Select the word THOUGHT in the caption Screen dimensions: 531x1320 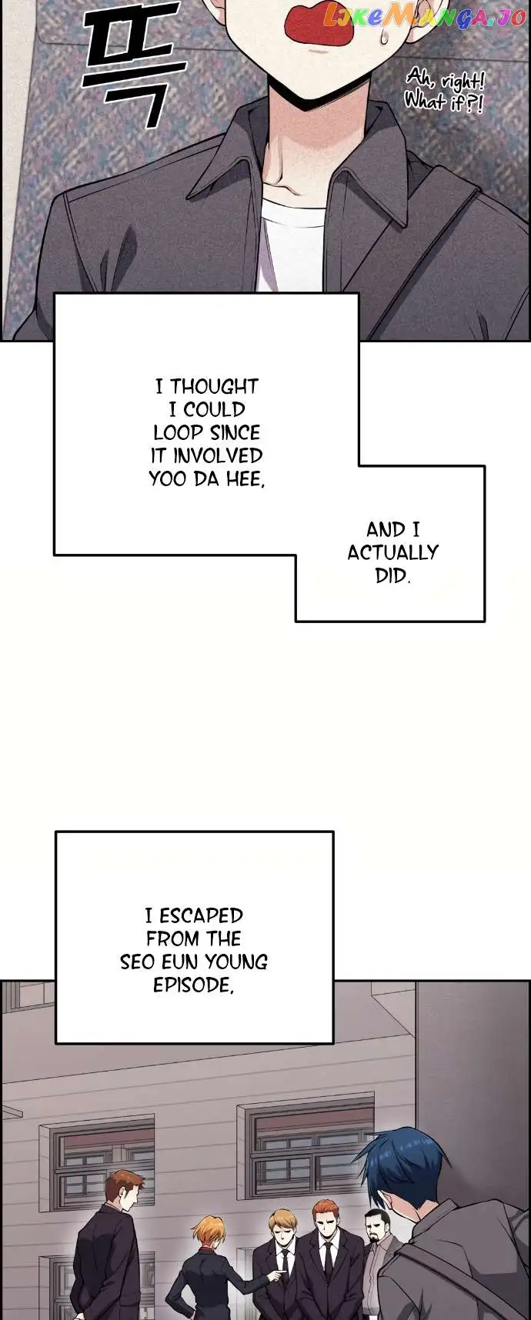pos(214,386)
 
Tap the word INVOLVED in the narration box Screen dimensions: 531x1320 pos(218,455)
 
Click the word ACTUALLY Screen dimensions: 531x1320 pos(392,552)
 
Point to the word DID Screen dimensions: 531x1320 pos(392,575)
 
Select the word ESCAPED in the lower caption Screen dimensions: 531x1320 pos(201,915)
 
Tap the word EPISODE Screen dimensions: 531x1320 pos(193,985)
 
